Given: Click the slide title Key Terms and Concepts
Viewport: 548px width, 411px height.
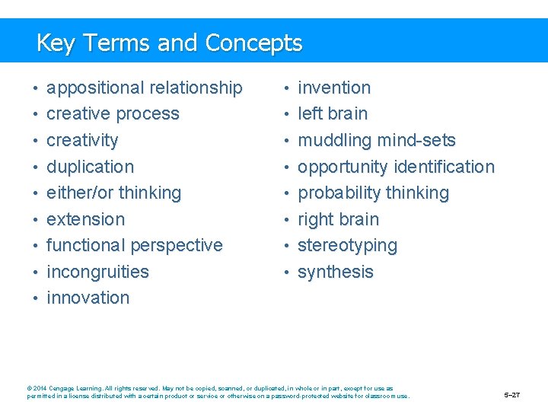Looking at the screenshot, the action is [169, 43].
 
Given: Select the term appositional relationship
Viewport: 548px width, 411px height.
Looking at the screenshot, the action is [145, 88].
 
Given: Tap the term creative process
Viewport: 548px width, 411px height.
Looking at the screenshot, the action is [113, 114].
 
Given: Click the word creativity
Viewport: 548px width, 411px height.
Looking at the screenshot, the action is [82, 141].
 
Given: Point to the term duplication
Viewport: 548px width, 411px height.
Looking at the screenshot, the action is [90, 167].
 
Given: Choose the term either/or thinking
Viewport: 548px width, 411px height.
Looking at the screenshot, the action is [113, 193].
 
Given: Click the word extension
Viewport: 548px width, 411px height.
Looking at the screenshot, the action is [85, 219].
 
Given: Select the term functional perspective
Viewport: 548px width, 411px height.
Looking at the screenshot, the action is [135, 245].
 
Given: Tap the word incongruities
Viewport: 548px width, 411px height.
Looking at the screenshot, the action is [97, 272].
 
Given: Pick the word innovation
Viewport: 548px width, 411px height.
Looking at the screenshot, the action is [88, 298].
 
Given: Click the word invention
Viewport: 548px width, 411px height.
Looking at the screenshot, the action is [334, 88].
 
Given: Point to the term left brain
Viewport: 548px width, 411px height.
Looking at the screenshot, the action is [333, 114].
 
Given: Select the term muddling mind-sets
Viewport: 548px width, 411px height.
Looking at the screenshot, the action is [377, 141].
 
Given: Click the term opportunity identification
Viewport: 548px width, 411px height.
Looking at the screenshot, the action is [396, 167].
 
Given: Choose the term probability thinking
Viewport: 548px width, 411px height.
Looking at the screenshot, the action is [373, 193].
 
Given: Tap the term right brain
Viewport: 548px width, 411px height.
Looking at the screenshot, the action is [338, 219].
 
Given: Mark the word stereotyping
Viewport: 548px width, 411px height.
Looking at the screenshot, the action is [347, 246].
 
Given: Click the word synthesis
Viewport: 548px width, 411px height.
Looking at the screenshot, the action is [336, 272].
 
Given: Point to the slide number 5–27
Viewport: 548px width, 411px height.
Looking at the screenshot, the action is [512, 396].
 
